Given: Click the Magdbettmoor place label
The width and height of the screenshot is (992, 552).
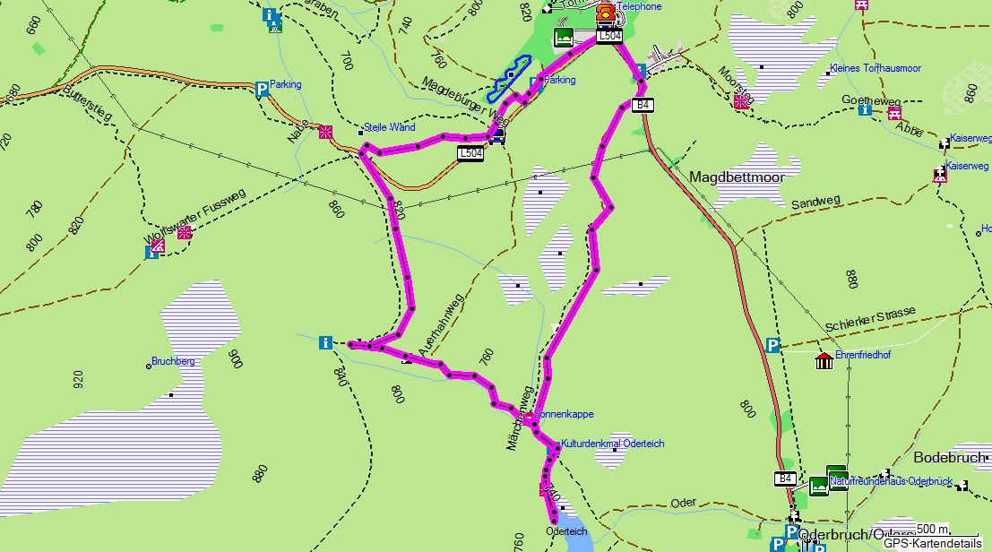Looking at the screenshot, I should [736, 177].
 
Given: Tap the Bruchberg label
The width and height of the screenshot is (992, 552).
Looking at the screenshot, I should [173, 361].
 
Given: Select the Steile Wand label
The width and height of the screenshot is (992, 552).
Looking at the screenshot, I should [389, 127].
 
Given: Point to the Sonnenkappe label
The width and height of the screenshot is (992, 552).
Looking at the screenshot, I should [565, 415].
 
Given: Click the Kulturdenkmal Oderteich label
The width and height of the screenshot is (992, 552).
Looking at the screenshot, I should [613, 444].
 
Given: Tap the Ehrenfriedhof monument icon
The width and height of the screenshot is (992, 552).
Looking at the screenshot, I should [824, 360].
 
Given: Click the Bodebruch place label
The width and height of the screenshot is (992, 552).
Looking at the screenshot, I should [949, 457].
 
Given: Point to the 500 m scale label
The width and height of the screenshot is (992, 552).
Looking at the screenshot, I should [931, 529].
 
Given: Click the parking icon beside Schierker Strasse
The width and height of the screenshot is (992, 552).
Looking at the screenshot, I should [772, 344].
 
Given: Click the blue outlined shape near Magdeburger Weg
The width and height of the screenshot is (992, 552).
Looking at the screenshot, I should [509, 77].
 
